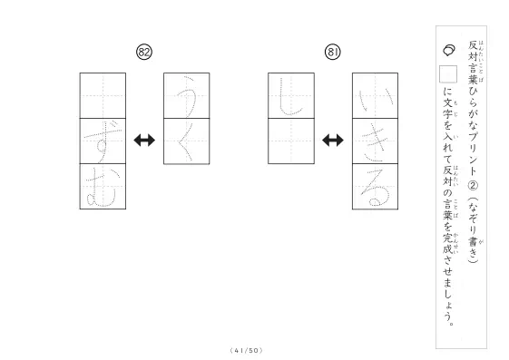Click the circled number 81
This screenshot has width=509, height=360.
tap(333, 53)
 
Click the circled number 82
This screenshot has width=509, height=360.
tap(144, 53)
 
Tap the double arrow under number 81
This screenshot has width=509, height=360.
tap(333, 141)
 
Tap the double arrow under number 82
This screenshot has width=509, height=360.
tap(144, 141)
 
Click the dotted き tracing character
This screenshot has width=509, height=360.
tap(375, 142)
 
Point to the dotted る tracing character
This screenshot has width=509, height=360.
tap(376, 188)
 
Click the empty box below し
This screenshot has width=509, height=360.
tap(291, 141)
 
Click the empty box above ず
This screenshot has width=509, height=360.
tap(103, 96)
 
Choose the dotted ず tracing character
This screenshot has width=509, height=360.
tap(103, 141)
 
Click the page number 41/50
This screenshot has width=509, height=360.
tap(247, 350)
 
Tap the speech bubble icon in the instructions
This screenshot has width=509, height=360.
tap(448, 50)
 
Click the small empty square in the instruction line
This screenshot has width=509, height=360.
tap(448, 74)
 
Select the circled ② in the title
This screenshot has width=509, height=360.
tap(473, 186)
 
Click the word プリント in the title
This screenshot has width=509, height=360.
tap(473, 154)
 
